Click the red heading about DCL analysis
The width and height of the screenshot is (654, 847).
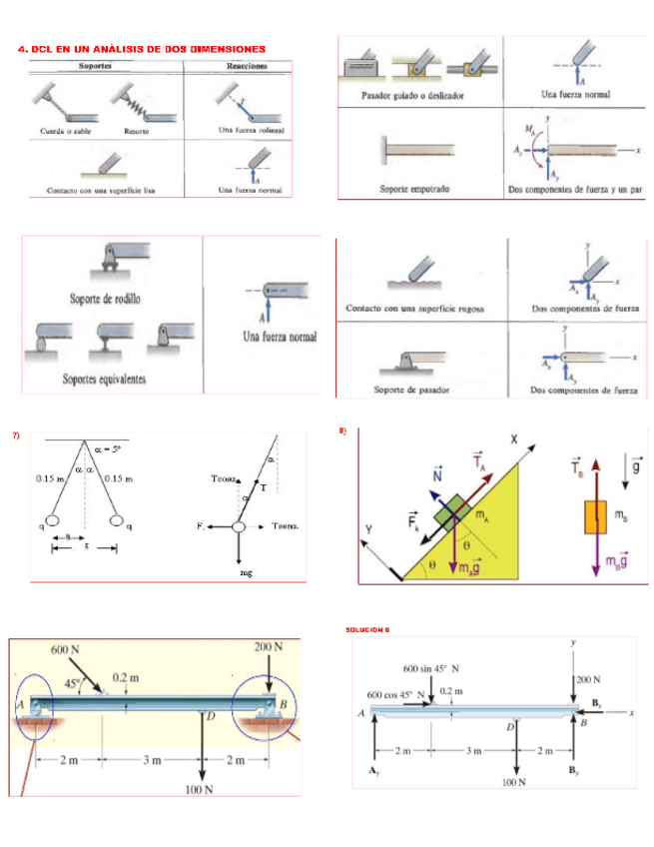click(142, 48)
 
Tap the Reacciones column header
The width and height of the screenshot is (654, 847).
click(241, 66)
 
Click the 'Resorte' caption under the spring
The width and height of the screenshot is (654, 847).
click(137, 130)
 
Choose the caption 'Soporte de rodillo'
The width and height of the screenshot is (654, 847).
click(106, 298)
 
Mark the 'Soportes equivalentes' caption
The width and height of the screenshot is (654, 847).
click(105, 378)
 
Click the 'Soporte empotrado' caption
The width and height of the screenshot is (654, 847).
click(417, 187)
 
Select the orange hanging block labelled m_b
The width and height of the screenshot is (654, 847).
click(594, 517)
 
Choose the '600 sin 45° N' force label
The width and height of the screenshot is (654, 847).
click(432, 667)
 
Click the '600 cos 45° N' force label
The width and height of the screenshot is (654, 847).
click(396, 692)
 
